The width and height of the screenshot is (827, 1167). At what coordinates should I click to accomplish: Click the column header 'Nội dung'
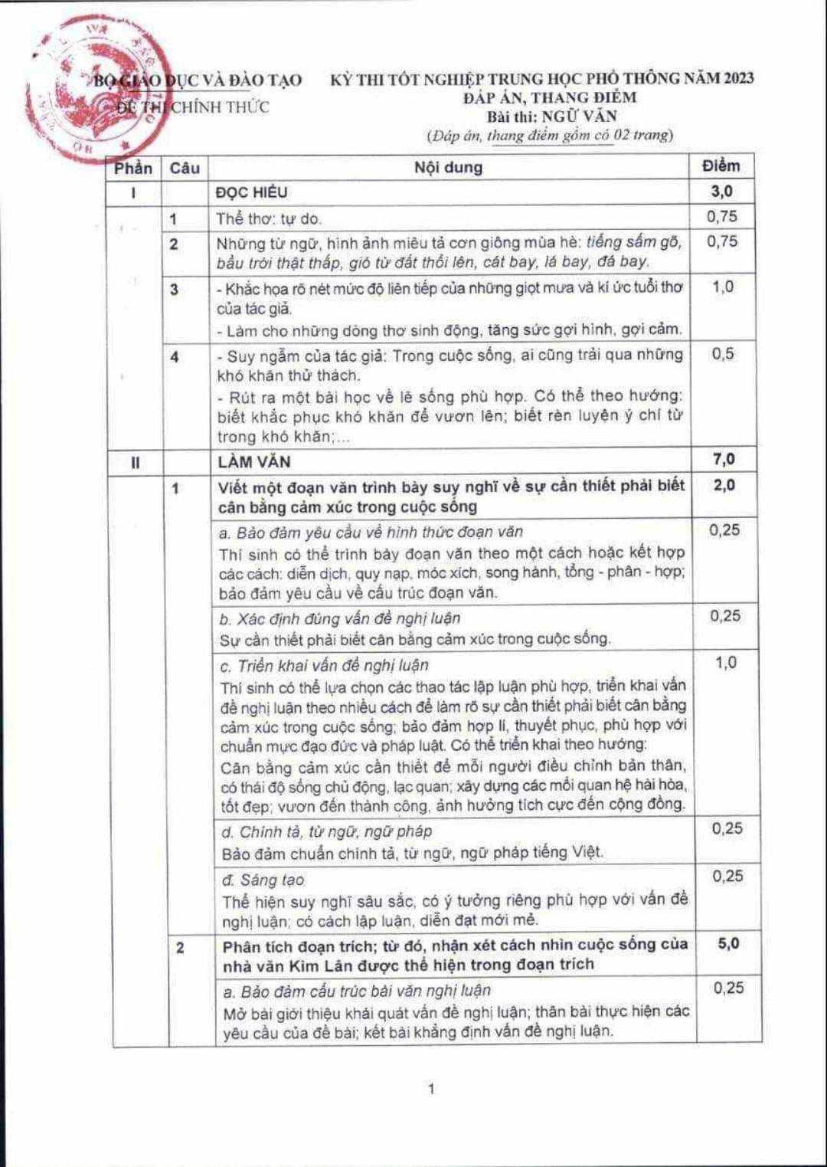pos(448,167)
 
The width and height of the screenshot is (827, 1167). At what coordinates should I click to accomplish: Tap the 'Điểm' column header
pos(721,166)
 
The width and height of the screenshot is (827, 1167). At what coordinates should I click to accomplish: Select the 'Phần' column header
pos(133,168)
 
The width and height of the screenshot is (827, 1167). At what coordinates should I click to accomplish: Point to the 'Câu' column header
pos(185,168)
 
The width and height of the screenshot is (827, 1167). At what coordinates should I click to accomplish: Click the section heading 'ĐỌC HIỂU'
pos(252,192)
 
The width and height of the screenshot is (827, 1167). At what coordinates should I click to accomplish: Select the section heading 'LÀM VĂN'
pos(253,461)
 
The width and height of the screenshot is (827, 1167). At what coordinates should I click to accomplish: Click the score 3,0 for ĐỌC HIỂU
pos(721,191)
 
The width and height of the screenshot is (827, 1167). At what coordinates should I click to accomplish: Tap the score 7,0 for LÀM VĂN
pos(724,459)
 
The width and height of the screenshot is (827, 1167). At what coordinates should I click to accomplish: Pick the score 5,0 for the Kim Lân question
pos(728,943)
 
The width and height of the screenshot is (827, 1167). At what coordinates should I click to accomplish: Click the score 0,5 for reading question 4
pos(722,353)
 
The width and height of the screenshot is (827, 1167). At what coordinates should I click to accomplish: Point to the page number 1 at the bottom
pos(432,1089)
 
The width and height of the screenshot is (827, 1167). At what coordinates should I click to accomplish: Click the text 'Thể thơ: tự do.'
pos(268,218)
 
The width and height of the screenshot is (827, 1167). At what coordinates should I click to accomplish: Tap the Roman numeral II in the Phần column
pos(135,462)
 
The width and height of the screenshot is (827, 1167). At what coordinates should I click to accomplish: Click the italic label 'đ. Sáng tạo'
pos(263,880)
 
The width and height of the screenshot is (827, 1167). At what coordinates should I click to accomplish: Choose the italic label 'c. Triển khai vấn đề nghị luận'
pos(324,665)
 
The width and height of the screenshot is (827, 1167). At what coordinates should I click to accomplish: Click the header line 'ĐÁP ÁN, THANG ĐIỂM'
pos(550,97)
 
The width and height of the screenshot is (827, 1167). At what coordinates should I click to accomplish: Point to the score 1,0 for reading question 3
pos(722,287)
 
